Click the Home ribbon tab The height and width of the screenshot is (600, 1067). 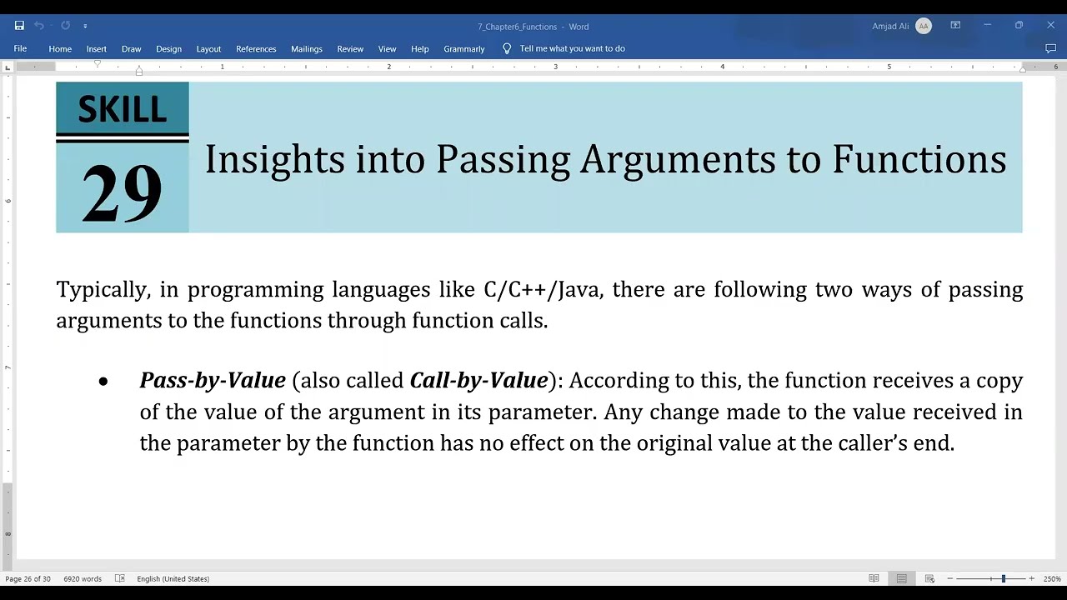pos(60,48)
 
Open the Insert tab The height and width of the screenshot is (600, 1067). pos(96,48)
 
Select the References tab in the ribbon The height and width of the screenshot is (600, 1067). pos(256,48)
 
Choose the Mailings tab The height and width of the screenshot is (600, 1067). pos(307,48)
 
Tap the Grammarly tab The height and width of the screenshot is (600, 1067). pos(464,48)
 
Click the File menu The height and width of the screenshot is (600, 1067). pos(20,48)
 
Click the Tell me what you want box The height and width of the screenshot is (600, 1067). pos(572,48)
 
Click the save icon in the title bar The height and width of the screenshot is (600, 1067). pos(19,26)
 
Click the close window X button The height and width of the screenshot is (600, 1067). pos(1050,26)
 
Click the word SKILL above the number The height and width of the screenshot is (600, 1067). pos(122,109)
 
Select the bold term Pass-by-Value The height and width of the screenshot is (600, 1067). pos(213,381)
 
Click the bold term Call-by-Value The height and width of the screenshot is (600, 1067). pos(478,381)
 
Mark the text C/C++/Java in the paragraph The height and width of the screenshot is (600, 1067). pos(546,290)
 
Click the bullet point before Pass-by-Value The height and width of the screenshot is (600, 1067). pos(103,382)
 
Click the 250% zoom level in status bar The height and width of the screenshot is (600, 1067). pos(1052,578)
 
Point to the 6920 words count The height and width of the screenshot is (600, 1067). pos(83,578)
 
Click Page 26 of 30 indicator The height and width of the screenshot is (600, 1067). pos(28,578)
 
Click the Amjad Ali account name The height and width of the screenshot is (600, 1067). pos(890,26)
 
